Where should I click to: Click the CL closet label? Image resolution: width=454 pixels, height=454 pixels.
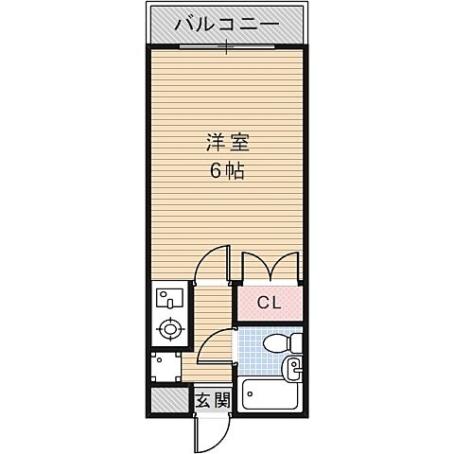pos(269,304)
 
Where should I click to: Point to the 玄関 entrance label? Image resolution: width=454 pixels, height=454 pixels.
pos(214,400)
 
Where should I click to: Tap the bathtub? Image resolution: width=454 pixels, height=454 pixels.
pos(271,393)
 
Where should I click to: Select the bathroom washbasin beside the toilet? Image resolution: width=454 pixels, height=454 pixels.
pos(292,366)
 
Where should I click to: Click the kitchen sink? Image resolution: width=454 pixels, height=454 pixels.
pos(168,300)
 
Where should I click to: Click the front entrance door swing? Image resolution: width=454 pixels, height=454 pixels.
pos(207,431)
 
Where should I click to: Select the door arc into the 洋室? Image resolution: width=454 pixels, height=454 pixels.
pos(213,264)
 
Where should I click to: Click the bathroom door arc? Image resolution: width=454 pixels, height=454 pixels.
pos(216,347)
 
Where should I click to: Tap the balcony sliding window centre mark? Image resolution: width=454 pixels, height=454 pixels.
pos(227,47)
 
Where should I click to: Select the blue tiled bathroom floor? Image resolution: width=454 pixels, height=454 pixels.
pos(252,350)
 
